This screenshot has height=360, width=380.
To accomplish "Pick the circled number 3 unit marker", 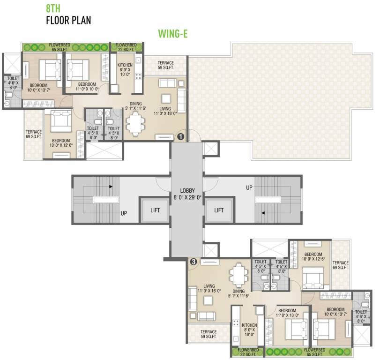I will click(193, 262).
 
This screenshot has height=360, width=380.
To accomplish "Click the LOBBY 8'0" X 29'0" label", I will click(186, 194).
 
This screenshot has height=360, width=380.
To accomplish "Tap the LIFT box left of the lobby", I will click(155, 210).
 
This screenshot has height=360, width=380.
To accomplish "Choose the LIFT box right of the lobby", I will click(218, 210).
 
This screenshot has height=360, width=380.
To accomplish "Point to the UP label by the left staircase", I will click(124, 213).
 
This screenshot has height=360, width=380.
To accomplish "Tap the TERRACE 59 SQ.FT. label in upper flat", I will click(165, 65).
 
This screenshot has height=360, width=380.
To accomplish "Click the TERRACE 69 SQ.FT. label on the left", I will click(34, 135).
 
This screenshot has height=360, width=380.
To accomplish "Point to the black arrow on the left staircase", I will click(111, 186).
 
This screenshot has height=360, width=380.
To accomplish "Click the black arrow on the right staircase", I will click(263, 213).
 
